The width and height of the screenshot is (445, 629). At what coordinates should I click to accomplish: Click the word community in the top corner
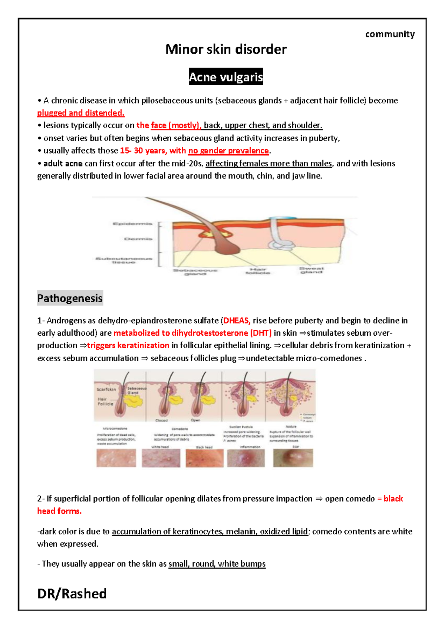click(390, 34)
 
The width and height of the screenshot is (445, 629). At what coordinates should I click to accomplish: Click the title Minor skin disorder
click(226, 49)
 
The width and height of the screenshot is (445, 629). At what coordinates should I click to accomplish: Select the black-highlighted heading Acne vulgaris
click(226, 77)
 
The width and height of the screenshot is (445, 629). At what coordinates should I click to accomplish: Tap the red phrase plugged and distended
click(80, 113)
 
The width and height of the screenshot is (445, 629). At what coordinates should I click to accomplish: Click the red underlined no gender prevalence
click(228, 151)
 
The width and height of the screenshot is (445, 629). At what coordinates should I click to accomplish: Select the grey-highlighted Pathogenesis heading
click(70, 298)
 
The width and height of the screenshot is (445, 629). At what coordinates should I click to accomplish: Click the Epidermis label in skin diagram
click(132, 224)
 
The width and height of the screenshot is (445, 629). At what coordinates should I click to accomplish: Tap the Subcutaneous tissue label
click(124, 260)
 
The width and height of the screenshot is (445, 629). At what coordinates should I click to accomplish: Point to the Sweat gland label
click(311, 270)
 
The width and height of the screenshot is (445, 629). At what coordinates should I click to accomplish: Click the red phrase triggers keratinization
click(128, 345)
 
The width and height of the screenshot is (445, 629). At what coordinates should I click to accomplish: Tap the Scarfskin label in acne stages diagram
click(106, 389)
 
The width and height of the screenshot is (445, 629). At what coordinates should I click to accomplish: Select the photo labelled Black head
click(204, 458)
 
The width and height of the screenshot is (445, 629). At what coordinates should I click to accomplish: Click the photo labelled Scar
click(293, 458)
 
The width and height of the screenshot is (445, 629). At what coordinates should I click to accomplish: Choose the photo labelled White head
click(161, 458)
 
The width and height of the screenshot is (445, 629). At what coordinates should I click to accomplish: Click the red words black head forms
click(59, 511)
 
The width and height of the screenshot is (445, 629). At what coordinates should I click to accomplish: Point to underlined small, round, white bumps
click(217, 564)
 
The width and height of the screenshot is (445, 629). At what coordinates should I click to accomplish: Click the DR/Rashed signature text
click(72, 593)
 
